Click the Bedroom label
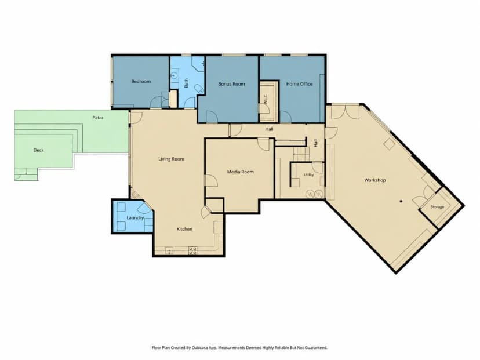[141, 81]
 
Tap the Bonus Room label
[231, 84]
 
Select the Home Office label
[299, 84]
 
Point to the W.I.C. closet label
[266, 99]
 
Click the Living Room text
[171, 159]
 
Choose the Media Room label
[241, 172]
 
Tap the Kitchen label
[184, 229]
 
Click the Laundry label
[135, 217]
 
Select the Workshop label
[375, 180]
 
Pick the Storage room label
[437, 207]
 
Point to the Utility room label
[308, 175]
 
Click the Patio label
[97, 118]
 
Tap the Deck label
[39, 150]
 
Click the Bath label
[186, 83]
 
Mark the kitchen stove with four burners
[192, 250]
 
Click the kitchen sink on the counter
[169, 250]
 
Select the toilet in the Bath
[199, 89]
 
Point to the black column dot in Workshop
[401, 201]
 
